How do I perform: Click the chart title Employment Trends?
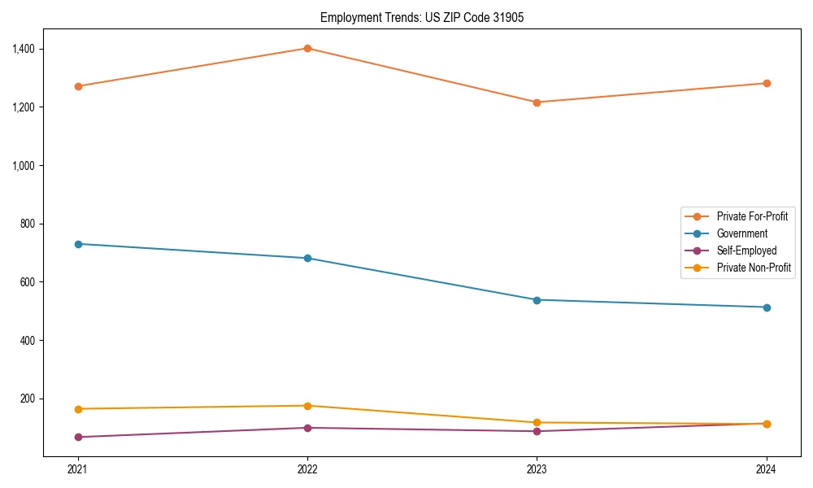pos(416,17)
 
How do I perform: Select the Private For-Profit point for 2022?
pos(307,48)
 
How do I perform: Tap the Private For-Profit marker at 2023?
pos(537,102)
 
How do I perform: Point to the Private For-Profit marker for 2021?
pos(78,86)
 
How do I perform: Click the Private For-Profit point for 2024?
pos(767,83)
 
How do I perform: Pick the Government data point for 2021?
pos(78,244)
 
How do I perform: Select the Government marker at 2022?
pos(307,258)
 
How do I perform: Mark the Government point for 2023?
pos(537,300)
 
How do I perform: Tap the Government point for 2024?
pos(767,307)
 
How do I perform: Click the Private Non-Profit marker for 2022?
pos(307,406)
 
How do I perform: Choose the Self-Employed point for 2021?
pos(78,438)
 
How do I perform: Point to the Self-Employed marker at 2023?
pos(537,431)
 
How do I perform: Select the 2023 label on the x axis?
pos(537,468)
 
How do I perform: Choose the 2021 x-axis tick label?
pos(78,468)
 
